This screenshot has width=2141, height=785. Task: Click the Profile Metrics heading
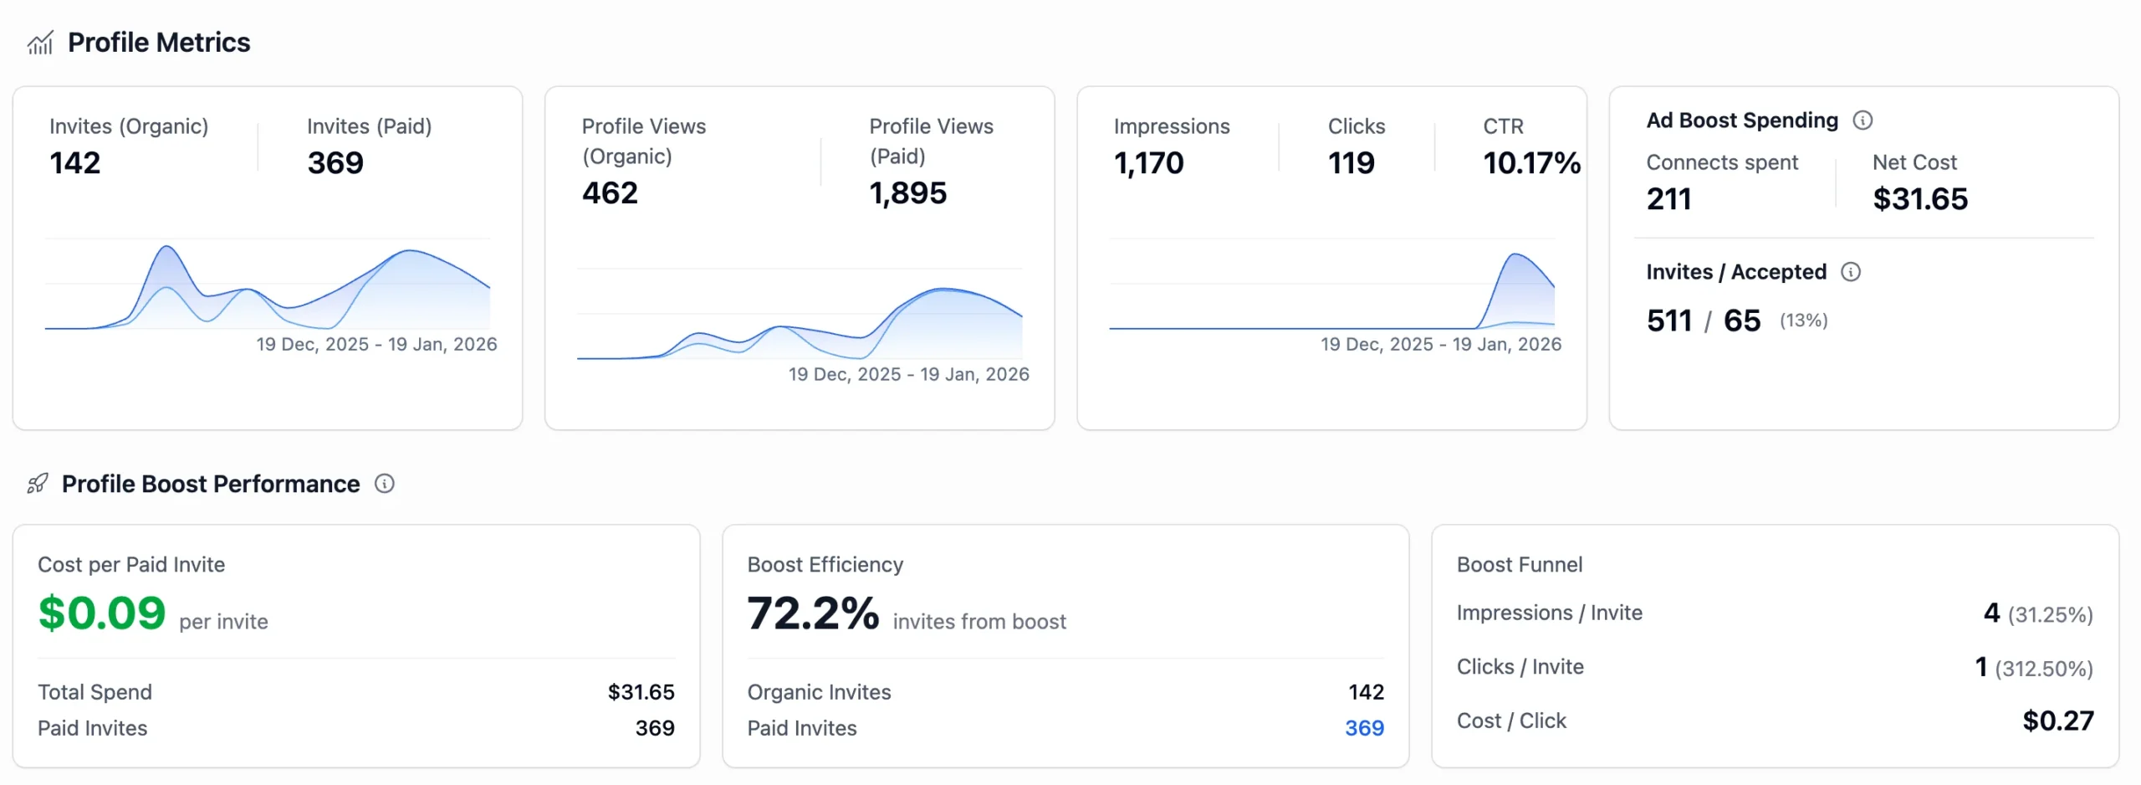click(159, 43)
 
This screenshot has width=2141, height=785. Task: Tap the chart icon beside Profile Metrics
click(40, 43)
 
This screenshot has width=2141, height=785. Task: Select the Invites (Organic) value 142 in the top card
click(75, 163)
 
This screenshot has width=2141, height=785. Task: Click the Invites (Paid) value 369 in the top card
click(335, 163)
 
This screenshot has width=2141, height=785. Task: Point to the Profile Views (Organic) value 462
click(610, 193)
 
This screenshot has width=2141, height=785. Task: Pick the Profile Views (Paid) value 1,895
click(907, 193)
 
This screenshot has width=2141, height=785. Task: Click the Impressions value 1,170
click(1148, 163)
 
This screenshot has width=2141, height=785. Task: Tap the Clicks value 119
click(1351, 163)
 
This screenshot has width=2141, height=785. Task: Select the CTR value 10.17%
click(1531, 163)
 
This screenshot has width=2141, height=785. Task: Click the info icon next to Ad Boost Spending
click(1863, 121)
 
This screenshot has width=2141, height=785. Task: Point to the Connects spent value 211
click(1668, 199)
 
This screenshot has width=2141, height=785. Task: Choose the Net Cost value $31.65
click(1920, 199)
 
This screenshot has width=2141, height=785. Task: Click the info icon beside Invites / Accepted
click(1851, 272)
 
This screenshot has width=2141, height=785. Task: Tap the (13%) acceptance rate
click(1803, 321)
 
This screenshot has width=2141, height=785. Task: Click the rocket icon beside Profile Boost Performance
click(38, 484)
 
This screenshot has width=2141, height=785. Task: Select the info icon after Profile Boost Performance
click(384, 484)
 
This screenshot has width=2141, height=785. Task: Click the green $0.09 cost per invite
click(102, 613)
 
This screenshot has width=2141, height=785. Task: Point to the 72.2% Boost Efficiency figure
click(813, 613)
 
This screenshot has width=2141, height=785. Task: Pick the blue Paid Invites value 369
click(1364, 728)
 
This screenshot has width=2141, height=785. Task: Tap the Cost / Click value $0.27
click(2057, 721)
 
